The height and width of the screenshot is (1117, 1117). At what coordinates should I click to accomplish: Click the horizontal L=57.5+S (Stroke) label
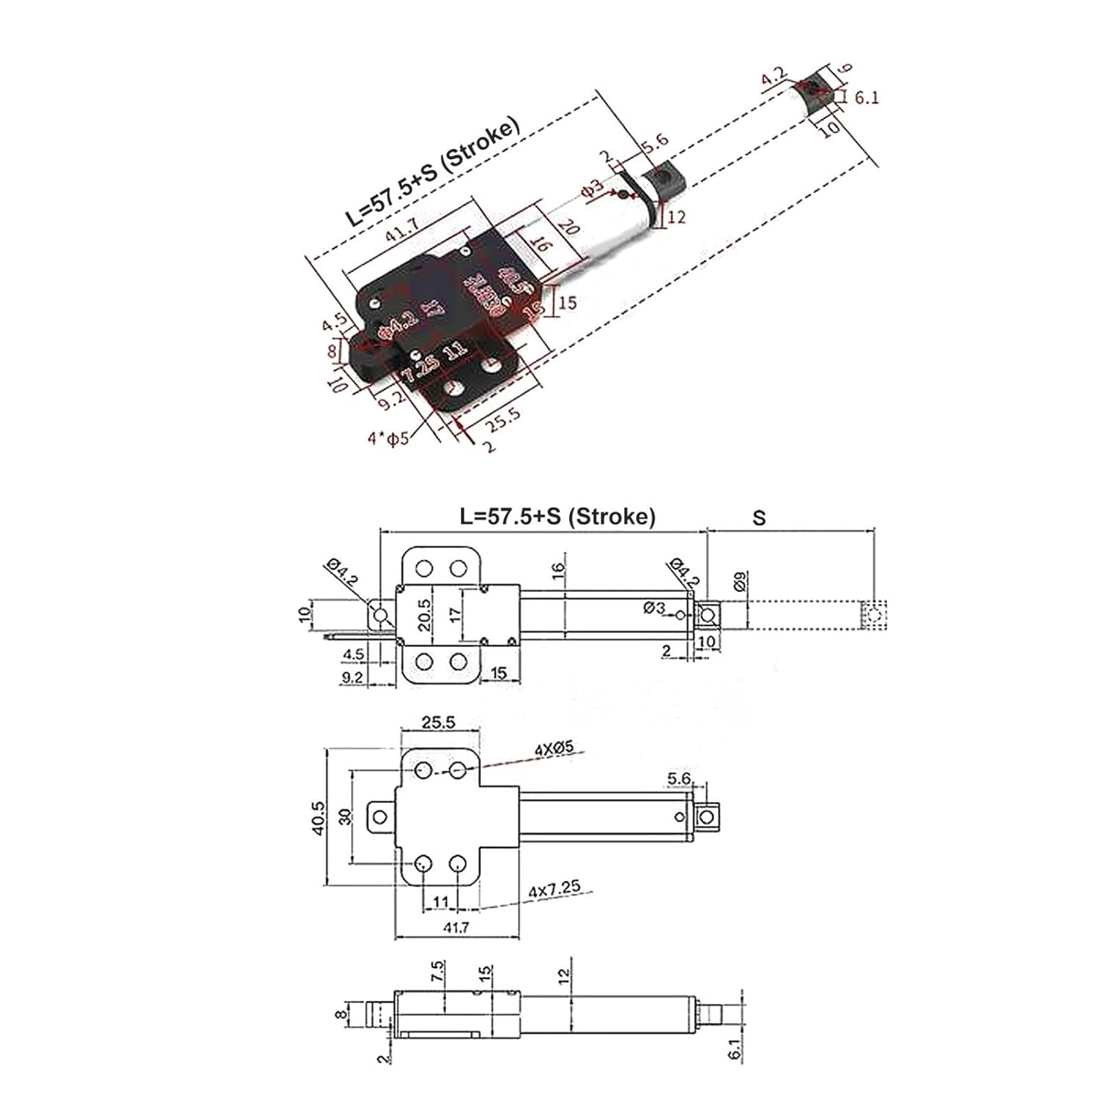pyautogui.click(x=558, y=516)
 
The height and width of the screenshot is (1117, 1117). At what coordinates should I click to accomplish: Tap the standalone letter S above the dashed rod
pyautogui.click(x=759, y=518)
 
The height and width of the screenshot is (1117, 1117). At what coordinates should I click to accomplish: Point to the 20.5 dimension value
pyautogui.click(x=424, y=615)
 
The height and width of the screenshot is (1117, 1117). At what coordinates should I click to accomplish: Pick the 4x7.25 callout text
pyautogui.click(x=554, y=889)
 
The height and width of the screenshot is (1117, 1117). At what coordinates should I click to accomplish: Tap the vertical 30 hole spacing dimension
pyautogui.click(x=344, y=817)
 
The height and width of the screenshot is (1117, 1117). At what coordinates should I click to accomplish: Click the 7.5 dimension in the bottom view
pyautogui.click(x=438, y=970)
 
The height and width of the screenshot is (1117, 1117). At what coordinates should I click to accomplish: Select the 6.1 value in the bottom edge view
pyautogui.click(x=734, y=1050)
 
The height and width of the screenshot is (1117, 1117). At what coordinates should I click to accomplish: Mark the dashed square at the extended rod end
pyautogui.click(x=874, y=616)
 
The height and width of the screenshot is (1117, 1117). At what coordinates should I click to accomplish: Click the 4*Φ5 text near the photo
pyautogui.click(x=388, y=437)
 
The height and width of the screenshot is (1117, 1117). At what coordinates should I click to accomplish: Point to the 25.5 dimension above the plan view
pyautogui.click(x=438, y=722)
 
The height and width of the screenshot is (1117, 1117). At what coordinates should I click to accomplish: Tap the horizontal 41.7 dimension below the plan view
pyautogui.click(x=456, y=928)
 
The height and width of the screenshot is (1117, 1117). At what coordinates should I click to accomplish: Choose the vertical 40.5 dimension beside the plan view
pyautogui.click(x=319, y=818)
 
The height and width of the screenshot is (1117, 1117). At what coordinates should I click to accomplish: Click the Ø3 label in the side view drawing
pyautogui.click(x=654, y=608)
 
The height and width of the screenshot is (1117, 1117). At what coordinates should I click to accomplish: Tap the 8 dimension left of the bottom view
pyautogui.click(x=340, y=1014)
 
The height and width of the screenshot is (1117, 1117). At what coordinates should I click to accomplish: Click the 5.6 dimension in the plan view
pyautogui.click(x=679, y=779)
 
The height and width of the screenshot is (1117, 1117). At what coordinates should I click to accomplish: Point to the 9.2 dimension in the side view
pyautogui.click(x=351, y=678)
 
